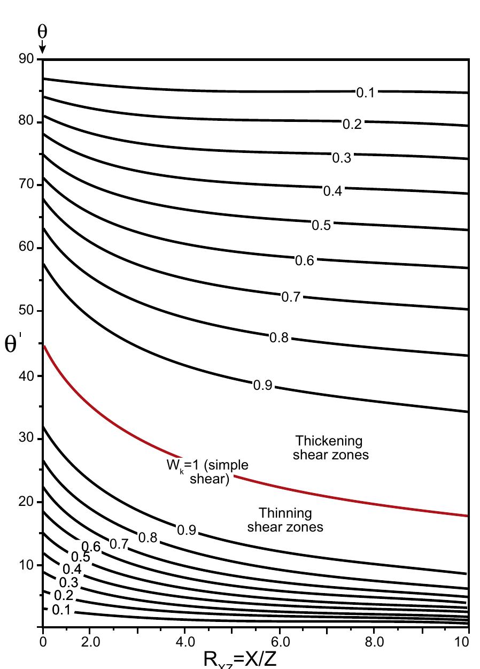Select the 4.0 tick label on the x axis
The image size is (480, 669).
[x=184, y=641]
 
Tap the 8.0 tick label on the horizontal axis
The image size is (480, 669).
[x=375, y=641]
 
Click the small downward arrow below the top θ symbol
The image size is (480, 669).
[x=42, y=49]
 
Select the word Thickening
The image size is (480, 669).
[x=329, y=441]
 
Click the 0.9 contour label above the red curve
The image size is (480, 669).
[x=263, y=386]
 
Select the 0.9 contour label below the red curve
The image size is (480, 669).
[x=187, y=530]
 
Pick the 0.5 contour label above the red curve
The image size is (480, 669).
[x=321, y=226]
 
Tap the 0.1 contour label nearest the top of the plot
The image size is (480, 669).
[x=366, y=93]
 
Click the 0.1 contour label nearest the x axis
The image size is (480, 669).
[x=61, y=610]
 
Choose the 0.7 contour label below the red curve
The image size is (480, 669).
[x=119, y=544]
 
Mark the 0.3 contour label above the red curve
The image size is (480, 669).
[x=342, y=158]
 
